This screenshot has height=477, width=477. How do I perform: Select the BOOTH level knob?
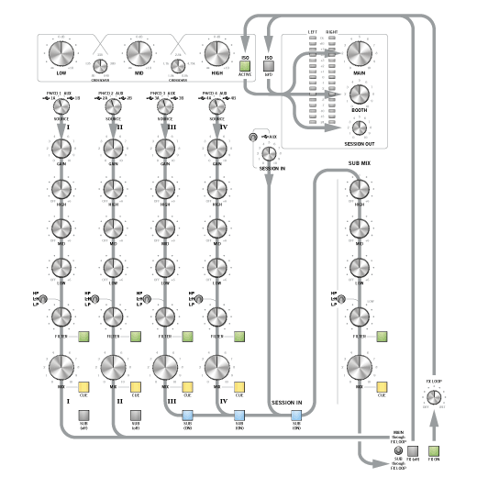point(359,94)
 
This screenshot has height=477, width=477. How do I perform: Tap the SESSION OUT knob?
point(359,129)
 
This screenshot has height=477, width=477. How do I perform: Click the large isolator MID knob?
point(139,52)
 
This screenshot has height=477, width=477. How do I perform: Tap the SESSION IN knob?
point(269,154)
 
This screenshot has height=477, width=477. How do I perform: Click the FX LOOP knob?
point(436,397)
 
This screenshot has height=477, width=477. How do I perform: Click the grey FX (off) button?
point(414,450)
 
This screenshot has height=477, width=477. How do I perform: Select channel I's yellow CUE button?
point(83,386)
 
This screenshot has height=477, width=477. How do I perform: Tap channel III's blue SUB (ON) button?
point(187,415)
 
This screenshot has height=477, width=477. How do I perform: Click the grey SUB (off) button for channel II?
point(135,415)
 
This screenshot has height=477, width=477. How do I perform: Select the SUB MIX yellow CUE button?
point(380,386)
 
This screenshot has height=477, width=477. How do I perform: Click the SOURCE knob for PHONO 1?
point(61,108)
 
